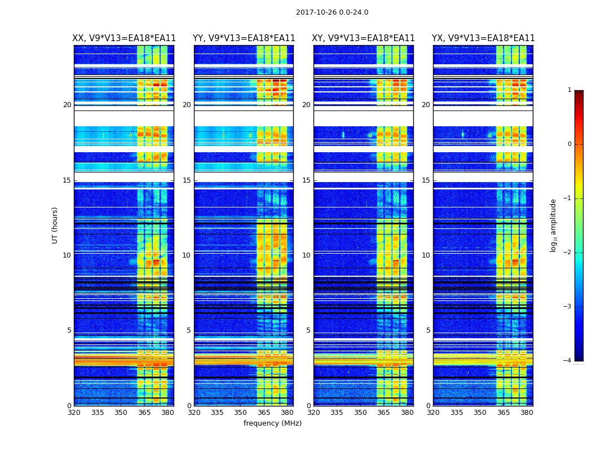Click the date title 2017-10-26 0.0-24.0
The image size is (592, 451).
coord(332,12)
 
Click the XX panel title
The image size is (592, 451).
coord(124,38)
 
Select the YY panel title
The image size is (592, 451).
coord(244,38)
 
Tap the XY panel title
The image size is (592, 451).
coord(364,38)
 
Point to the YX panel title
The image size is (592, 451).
coord(483,38)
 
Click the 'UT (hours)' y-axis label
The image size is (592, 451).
coord(55,225)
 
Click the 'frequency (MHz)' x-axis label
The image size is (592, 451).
coord(272,423)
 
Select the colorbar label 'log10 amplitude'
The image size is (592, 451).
coord(554,225)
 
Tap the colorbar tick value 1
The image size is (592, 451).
coord(569,90)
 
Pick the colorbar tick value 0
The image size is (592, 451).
coord(569,144)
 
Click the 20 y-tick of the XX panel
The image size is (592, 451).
coord(67,105)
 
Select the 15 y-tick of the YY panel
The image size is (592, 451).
coord(187,180)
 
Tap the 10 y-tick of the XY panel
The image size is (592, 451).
coord(306,255)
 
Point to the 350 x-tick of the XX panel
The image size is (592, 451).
coord(121,413)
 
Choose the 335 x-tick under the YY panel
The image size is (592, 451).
coord(217,413)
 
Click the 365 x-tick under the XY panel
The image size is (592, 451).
coord(383,413)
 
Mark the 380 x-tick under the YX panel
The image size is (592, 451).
coord(527,413)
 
